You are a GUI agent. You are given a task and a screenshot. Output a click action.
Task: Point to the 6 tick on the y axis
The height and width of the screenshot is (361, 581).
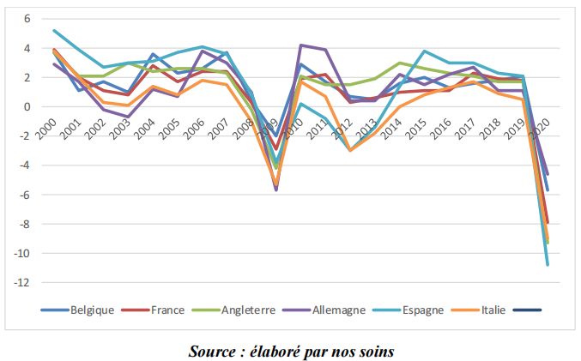(27, 19)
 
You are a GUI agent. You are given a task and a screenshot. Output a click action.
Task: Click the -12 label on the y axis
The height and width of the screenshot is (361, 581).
(23, 283)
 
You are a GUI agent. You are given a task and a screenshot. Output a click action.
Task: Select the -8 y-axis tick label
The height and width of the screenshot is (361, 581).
(25, 225)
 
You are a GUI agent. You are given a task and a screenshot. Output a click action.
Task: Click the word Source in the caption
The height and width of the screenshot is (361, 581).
(213, 351)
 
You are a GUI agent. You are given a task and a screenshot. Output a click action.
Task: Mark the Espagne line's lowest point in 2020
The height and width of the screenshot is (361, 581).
(548, 265)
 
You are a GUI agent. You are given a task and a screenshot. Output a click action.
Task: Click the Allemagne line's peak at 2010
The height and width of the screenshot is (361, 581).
(300, 45)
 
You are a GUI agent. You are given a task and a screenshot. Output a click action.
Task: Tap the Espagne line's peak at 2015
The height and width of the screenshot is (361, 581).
(424, 51)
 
